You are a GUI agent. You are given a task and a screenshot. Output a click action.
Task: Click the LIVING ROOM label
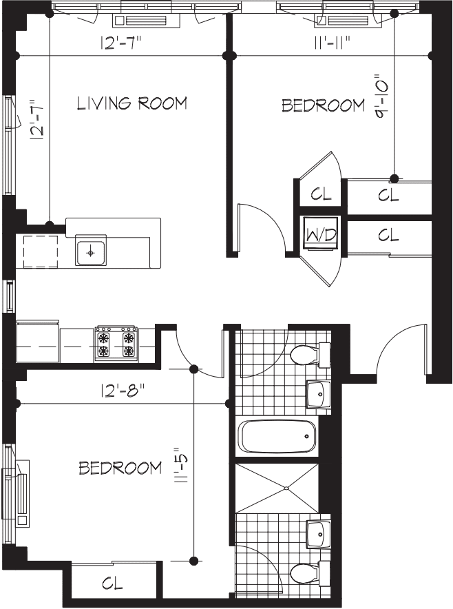[x=131, y=104]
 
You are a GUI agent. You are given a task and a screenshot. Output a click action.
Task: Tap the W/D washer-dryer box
[x=321, y=235]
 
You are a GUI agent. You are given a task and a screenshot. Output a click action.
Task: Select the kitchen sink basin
[x=90, y=253]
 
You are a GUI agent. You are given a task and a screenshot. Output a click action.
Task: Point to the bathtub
[x=277, y=436]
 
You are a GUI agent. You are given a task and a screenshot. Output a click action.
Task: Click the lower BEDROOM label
[x=120, y=468]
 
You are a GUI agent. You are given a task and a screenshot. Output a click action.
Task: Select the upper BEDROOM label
[x=324, y=105]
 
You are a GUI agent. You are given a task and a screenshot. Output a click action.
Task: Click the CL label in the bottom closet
[x=112, y=584]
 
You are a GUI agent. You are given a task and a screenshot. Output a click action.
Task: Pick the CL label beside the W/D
[x=388, y=236]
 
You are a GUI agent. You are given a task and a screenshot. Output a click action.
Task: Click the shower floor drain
[x=284, y=488]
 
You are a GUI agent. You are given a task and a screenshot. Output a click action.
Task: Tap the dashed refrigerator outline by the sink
[x=41, y=251]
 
